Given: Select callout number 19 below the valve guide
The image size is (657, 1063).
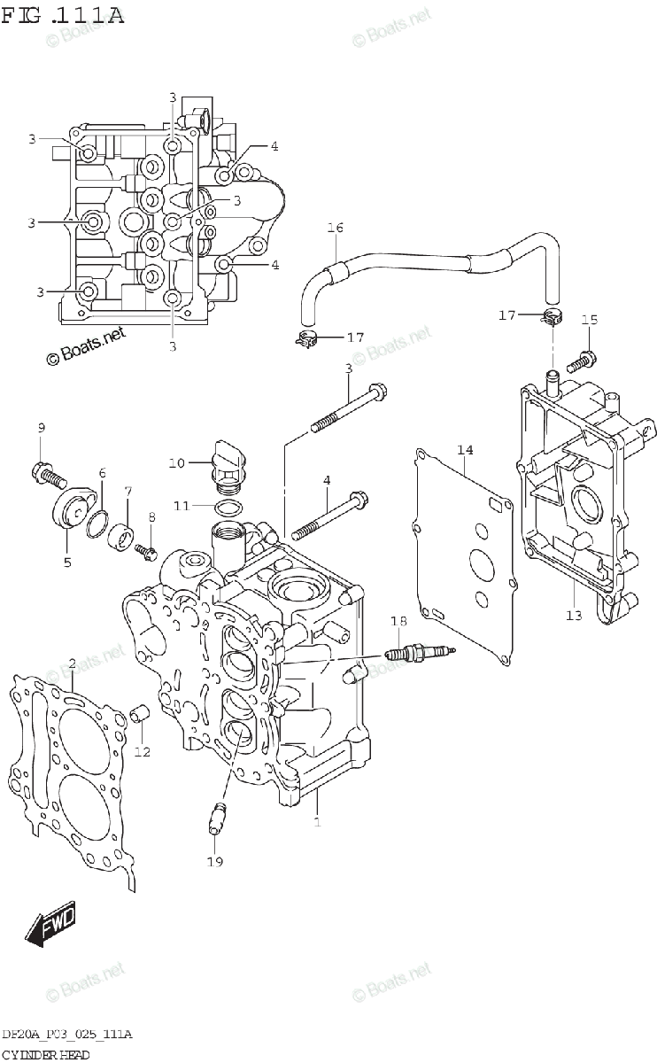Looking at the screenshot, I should (x=214, y=861).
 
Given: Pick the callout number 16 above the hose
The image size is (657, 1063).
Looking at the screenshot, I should (x=335, y=229).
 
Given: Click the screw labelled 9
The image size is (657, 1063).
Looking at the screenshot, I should (x=48, y=473).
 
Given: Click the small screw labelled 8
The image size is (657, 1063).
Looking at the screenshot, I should (x=147, y=553).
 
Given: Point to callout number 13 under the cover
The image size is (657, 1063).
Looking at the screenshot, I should (x=575, y=615).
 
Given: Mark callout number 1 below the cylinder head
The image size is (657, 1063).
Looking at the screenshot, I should (x=317, y=821).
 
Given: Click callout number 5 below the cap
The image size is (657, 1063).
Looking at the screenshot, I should (x=67, y=562).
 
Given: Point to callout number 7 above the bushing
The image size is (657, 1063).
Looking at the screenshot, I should (x=128, y=490).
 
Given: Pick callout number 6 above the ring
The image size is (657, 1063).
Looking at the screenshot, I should (x=103, y=473).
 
